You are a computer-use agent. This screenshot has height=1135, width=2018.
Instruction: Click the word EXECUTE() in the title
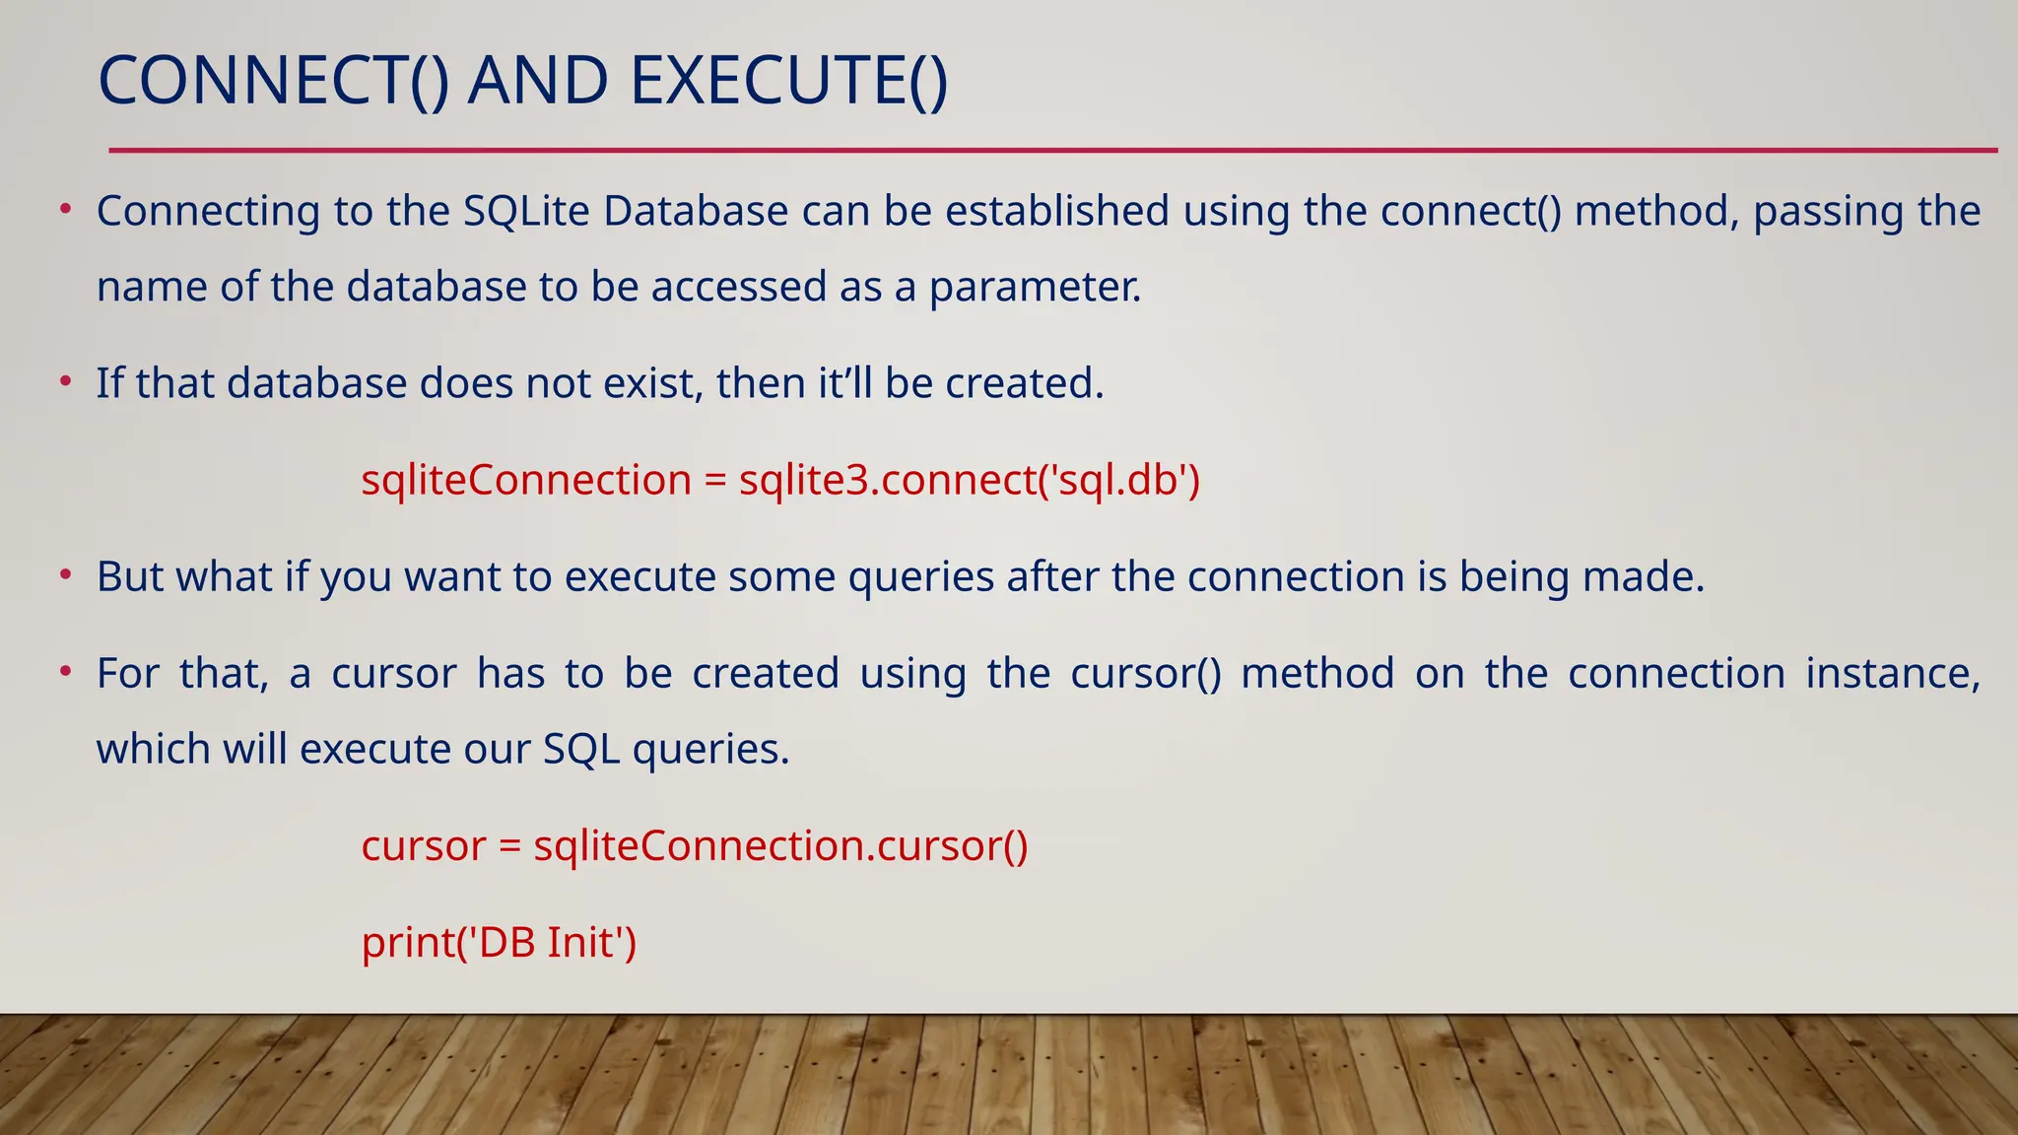click(788, 81)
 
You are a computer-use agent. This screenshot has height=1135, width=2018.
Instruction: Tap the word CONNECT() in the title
click(274, 81)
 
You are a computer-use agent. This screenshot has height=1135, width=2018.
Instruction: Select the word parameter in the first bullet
click(1035, 288)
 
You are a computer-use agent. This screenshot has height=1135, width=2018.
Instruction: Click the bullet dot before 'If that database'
click(65, 381)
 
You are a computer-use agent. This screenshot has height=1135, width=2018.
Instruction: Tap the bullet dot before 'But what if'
click(65, 574)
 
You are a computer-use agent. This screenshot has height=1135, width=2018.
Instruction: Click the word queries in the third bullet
click(920, 577)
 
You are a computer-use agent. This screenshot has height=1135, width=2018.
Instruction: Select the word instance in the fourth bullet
click(1891, 674)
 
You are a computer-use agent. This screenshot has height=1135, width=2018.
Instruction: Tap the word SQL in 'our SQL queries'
click(580, 750)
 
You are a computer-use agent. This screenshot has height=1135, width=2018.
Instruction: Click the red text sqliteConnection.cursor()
click(780, 845)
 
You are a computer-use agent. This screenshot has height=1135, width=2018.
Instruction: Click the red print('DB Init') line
click(499, 942)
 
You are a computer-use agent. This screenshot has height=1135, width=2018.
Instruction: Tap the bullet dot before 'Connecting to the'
click(65, 209)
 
